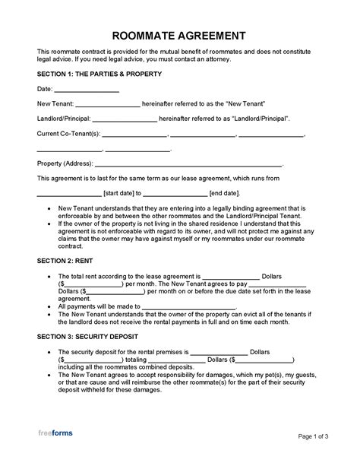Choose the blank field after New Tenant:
[108, 105]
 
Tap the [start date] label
[118, 193]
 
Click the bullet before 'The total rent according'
[49, 275]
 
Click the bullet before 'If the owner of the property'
[49, 223]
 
